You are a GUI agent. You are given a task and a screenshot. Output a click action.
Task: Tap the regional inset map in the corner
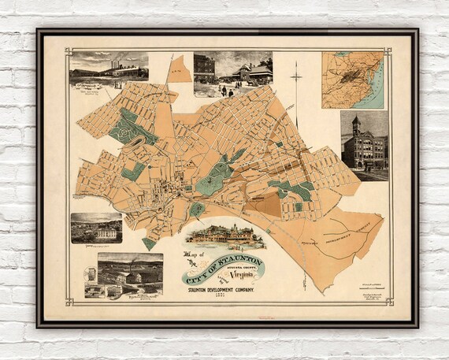point(352,80)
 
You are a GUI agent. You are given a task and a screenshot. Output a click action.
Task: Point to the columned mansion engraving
point(96,228)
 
